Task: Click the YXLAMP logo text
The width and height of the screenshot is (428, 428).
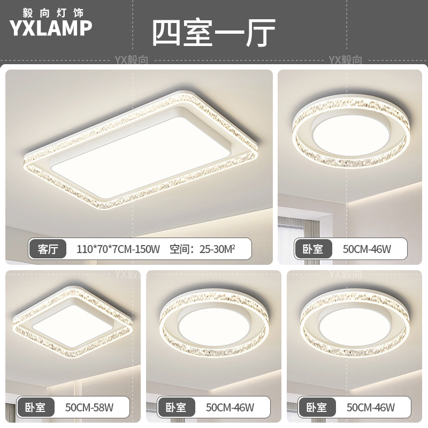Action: [x=51, y=28]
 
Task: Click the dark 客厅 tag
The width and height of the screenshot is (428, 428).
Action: [x=48, y=249]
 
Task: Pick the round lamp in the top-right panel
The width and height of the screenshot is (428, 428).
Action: [x=350, y=131]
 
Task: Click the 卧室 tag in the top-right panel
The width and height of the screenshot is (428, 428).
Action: [x=312, y=249]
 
